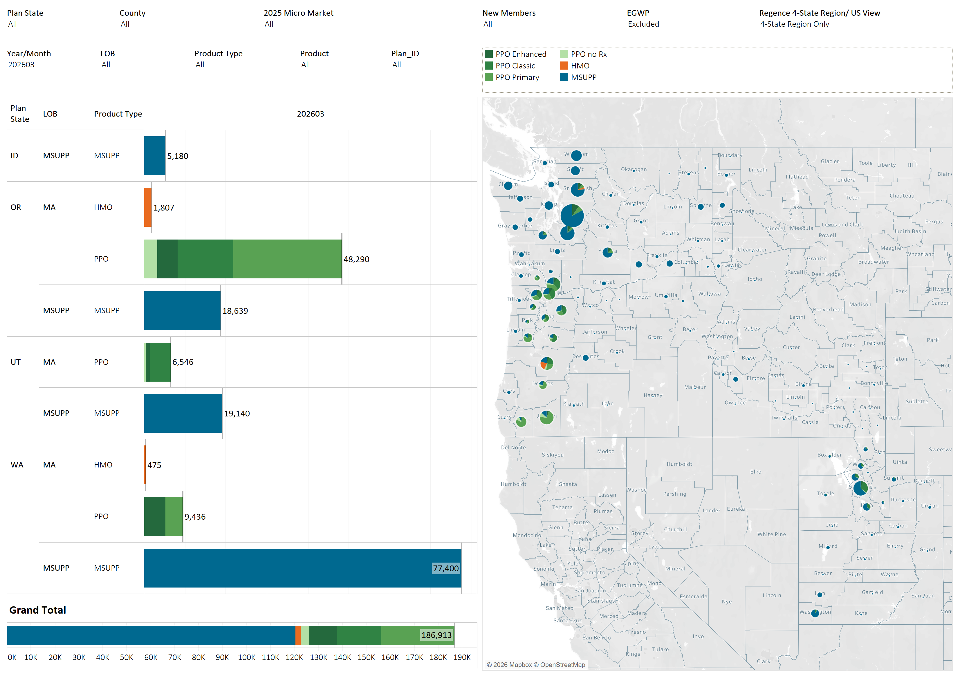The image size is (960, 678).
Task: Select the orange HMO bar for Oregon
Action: pos(148,207)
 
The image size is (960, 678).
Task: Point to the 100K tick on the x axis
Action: pos(246,657)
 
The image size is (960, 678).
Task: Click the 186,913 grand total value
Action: pos(436,635)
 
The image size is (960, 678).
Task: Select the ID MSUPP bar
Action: pos(155,155)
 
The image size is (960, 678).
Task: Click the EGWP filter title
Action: pos(638,13)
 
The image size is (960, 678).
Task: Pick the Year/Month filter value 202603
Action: pos(21,64)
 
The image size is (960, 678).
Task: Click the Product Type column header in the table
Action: pos(118,114)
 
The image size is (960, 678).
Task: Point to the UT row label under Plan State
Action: pos(15,362)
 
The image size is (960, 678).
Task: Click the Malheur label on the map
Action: pos(694,387)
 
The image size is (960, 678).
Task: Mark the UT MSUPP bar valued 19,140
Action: pos(183,413)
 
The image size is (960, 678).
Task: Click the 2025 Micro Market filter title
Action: pos(298,13)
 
